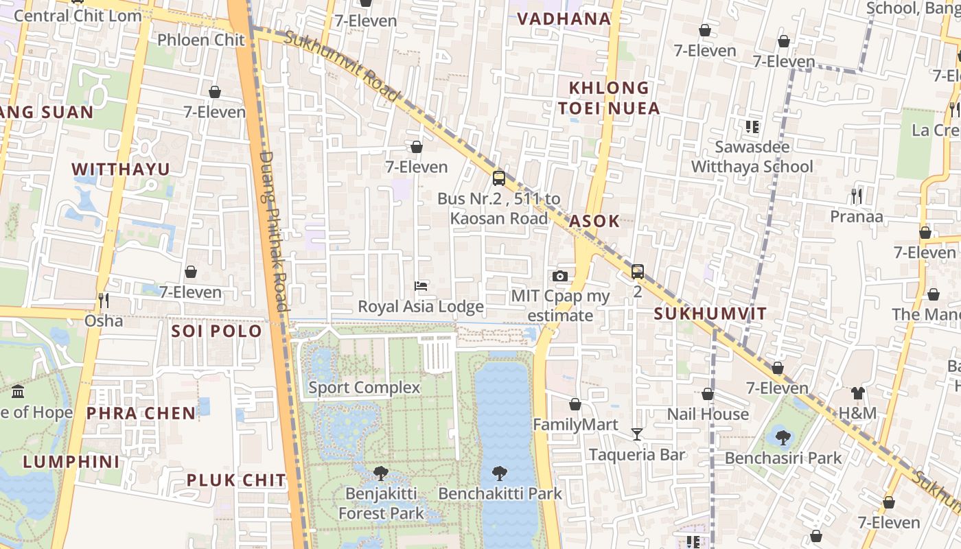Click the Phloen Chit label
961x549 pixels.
pos(200,40)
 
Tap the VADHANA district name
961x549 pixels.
pos(564,19)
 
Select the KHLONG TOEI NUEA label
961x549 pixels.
pos(608,98)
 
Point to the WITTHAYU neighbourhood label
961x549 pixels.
pos(121,169)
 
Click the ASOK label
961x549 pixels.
pos(594,221)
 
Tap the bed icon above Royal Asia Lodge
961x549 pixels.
pos(421,285)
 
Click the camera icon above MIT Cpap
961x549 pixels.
pos(560,276)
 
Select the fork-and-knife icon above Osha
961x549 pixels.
pos(104,300)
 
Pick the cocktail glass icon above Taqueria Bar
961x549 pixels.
pos(637,434)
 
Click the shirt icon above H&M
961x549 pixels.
pos(857,393)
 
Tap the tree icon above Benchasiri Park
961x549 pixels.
pos(783,436)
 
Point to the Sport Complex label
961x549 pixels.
pos(364,388)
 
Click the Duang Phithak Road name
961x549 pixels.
pos(273,231)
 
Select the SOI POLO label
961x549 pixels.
pos(216,331)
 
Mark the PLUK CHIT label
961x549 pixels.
pos(236,480)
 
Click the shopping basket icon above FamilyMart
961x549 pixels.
pos(575,404)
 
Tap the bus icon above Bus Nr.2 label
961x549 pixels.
pos(499,178)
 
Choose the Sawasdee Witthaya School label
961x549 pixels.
pos(752,157)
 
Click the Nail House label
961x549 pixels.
pos(708,414)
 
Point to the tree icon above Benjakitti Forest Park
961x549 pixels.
pos(381,473)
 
